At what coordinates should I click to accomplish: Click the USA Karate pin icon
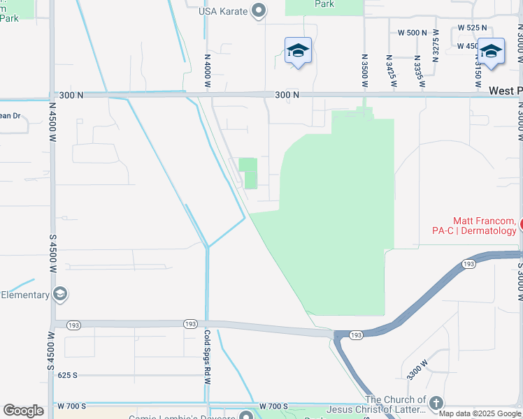coord(259,10)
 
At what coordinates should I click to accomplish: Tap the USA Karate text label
coord(222,10)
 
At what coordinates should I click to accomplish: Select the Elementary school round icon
coord(61,294)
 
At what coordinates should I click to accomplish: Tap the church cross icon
coord(436,403)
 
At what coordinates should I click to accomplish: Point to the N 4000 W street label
coord(208,71)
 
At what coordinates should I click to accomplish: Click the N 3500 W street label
coord(364,70)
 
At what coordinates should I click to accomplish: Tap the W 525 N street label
coord(472,27)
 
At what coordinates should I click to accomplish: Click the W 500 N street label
coord(412,33)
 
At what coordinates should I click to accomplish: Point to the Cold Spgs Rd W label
coord(207,358)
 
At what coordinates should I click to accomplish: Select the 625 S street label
coord(68,375)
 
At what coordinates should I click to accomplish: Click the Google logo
coord(23,411)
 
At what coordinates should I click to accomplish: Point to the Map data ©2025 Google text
coord(480,413)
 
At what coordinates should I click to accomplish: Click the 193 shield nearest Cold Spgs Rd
coord(190,324)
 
